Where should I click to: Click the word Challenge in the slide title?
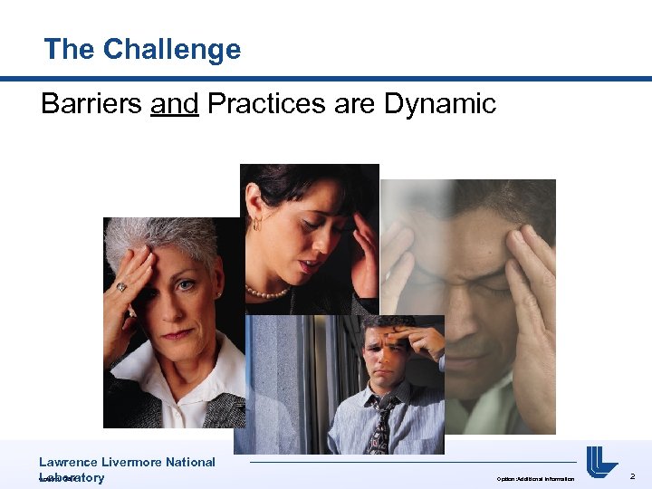pos(171,49)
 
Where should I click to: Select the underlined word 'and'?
pos(175,104)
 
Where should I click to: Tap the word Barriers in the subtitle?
pos(91,104)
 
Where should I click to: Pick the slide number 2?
pos(633,475)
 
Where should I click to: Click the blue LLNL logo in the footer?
pos(600,462)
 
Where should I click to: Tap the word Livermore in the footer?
pos(137,462)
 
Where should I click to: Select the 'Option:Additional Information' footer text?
pos(535,478)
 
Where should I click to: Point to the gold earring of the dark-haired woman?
pos(257,222)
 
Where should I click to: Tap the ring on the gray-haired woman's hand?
pos(120,287)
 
